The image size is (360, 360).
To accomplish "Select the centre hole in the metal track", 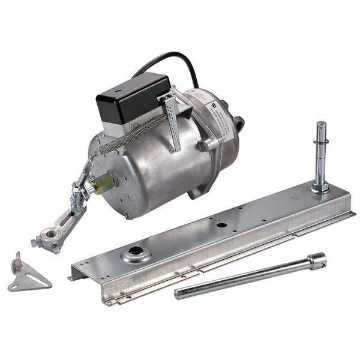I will tap(221, 225).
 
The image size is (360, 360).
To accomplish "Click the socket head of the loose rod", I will tap(316, 260).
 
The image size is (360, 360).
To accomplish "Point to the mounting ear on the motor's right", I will tap(238, 124).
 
